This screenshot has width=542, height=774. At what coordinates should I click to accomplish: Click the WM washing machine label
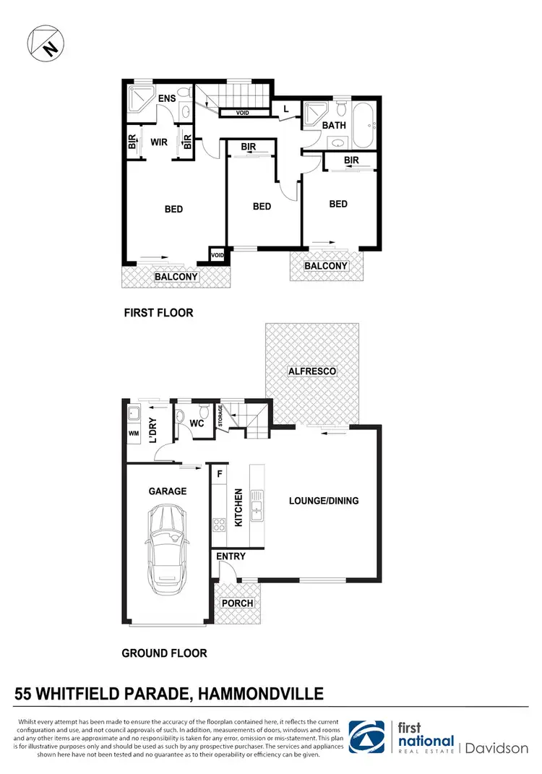tap(132, 434)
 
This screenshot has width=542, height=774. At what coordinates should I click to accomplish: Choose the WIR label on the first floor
tap(159, 142)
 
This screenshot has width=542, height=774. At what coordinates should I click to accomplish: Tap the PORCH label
tap(237, 603)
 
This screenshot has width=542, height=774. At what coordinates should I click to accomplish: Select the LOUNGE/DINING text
tap(323, 501)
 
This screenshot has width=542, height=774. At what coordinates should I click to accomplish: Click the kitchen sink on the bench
tap(255, 504)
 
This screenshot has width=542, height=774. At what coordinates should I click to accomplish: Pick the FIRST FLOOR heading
tap(158, 314)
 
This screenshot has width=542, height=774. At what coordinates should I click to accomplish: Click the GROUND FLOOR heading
tap(164, 653)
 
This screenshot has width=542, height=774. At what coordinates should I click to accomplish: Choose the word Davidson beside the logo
tap(497, 748)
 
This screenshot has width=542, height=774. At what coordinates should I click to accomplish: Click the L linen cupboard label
tap(286, 108)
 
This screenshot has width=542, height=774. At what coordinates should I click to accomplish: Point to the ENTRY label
tap(231, 556)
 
